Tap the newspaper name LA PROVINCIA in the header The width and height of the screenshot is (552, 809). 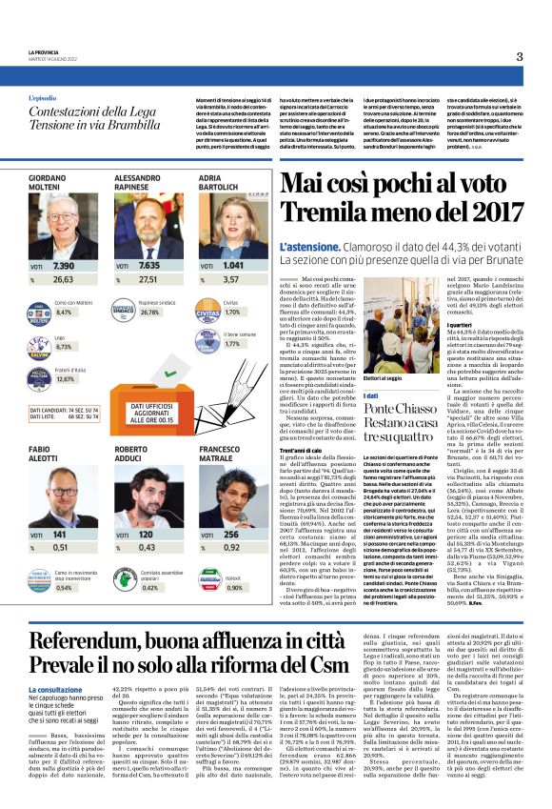(x=44, y=52)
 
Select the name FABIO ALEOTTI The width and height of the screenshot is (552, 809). (x=44, y=454)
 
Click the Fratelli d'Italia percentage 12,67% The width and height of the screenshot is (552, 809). (x=66, y=378)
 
